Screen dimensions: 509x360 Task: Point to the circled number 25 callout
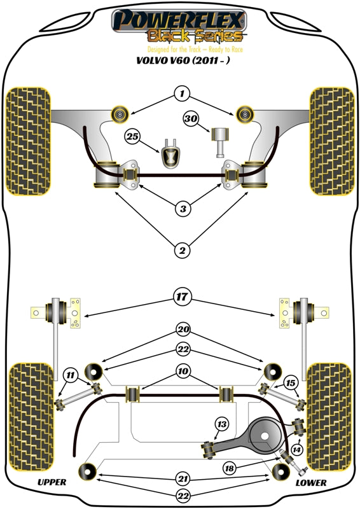(132, 136)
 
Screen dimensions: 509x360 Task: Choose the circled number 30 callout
(190, 119)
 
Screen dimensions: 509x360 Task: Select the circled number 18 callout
(230, 468)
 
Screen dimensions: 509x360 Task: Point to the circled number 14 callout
(295, 450)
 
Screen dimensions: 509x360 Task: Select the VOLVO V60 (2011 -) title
(179, 62)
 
